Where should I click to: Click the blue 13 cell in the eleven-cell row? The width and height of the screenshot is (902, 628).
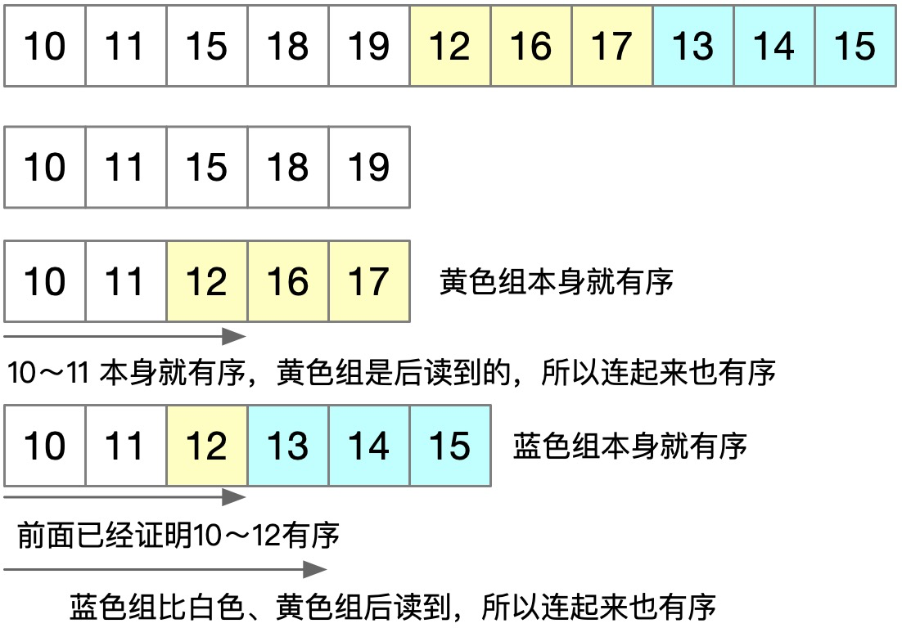(x=693, y=46)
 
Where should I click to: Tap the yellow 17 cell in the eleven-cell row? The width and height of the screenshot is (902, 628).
(x=612, y=46)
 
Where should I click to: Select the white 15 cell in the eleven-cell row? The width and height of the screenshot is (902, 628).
(x=206, y=46)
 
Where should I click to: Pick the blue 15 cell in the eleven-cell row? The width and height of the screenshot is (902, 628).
(x=855, y=46)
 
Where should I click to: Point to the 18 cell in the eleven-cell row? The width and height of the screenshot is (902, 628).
(x=288, y=46)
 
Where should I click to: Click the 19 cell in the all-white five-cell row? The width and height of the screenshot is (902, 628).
(x=368, y=167)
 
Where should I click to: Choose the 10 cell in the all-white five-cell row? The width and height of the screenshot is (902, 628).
(x=45, y=167)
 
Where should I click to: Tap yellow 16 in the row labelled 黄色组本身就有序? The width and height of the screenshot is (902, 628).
(x=288, y=281)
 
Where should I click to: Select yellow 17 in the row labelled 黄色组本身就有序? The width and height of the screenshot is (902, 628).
(x=368, y=281)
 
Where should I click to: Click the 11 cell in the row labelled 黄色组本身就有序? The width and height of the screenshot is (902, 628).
(x=126, y=281)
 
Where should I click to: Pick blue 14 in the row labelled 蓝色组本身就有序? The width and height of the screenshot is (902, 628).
(x=368, y=446)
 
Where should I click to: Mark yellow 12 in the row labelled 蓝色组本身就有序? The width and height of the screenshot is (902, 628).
(x=206, y=446)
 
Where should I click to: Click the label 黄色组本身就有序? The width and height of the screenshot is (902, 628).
(x=557, y=282)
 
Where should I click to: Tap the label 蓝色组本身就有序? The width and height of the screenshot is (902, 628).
(x=630, y=446)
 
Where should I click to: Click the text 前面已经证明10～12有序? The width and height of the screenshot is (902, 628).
(x=178, y=536)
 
